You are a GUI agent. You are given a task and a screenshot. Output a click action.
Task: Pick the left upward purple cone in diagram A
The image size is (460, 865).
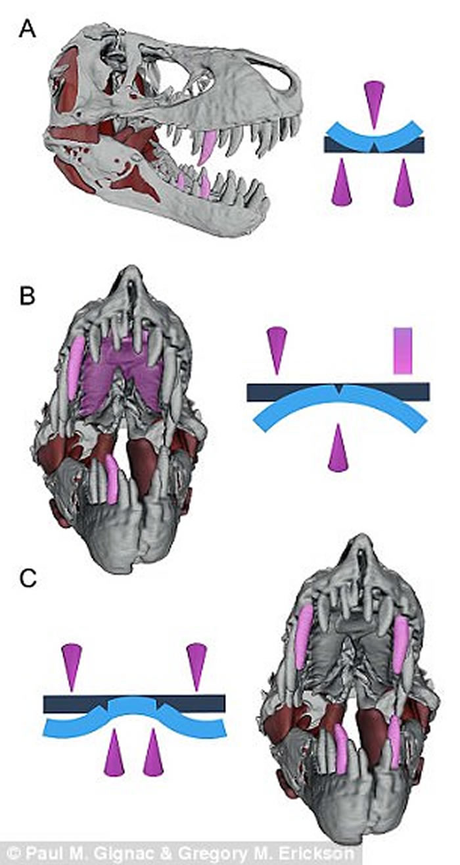(x=341, y=185)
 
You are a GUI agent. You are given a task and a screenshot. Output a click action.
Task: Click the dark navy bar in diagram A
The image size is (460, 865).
(x=342, y=145)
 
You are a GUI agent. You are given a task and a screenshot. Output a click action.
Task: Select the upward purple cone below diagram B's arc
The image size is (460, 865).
(x=337, y=449)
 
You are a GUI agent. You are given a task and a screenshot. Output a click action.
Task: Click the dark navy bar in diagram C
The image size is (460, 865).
(x=72, y=704)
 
